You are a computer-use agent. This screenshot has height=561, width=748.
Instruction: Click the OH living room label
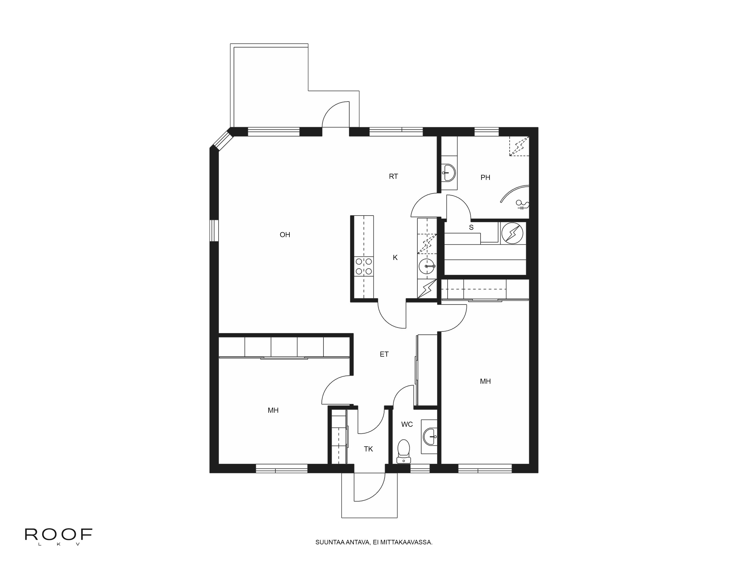point(285,235)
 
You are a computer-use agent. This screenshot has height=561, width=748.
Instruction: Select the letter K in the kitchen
point(395,258)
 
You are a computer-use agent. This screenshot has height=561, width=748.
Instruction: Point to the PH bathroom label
point(485,177)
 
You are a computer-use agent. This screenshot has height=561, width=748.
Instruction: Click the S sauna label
point(471,228)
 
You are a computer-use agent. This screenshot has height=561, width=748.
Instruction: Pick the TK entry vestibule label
point(368,449)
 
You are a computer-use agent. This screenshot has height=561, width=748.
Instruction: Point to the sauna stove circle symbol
point(512,233)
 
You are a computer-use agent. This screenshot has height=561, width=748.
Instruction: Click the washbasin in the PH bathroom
point(449,172)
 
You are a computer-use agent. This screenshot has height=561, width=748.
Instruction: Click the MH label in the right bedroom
point(485,381)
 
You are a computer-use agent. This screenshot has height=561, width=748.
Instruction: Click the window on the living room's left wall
point(214,231)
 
